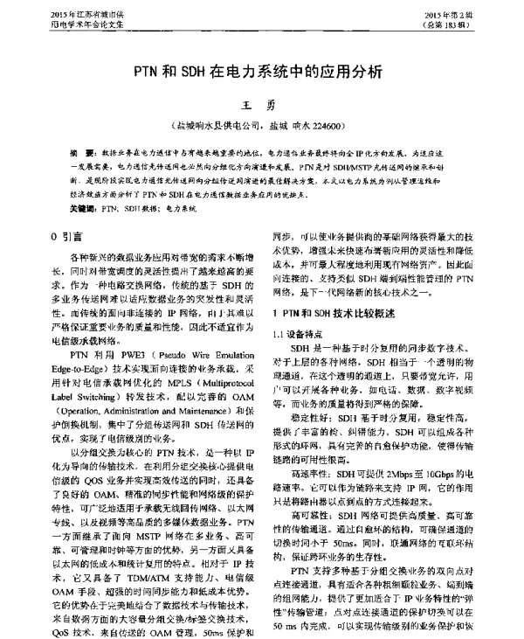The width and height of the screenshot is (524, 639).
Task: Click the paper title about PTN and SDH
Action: [261, 73]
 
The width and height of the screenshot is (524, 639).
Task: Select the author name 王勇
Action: [263, 105]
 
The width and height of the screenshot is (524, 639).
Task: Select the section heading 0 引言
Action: [66, 236]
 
